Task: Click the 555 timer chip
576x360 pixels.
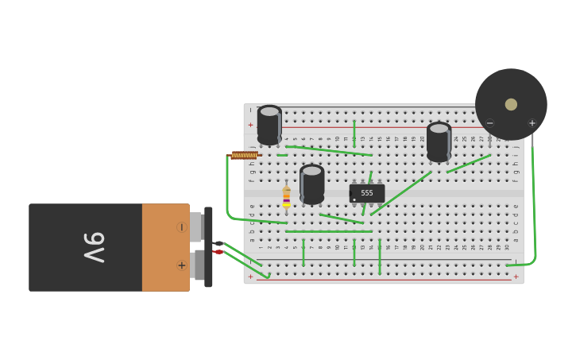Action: tap(367, 193)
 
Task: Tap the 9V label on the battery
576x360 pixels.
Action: tap(94, 247)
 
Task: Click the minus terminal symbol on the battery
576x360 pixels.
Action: tap(181, 227)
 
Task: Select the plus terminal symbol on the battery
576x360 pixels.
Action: tap(181, 265)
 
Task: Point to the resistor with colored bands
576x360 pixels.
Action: tap(286, 197)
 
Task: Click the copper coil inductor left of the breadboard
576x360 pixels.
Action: tap(244, 156)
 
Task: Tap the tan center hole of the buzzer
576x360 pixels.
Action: tap(511, 104)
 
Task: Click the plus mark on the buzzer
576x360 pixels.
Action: tap(532, 123)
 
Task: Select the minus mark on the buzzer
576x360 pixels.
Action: tap(490, 123)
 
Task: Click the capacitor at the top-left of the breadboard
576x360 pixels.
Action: tap(269, 125)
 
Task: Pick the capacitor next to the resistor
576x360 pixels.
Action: tap(312, 184)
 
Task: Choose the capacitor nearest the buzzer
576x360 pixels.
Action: tap(439, 141)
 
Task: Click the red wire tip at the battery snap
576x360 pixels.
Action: tap(218, 252)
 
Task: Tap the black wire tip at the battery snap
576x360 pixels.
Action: tap(218, 243)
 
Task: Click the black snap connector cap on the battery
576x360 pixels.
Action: tap(208, 246)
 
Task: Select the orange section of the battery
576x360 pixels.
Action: tap(165, 247)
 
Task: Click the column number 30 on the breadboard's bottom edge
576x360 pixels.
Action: tap(507, 247)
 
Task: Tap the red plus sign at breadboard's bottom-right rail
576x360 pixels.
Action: tap(516, 277)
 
